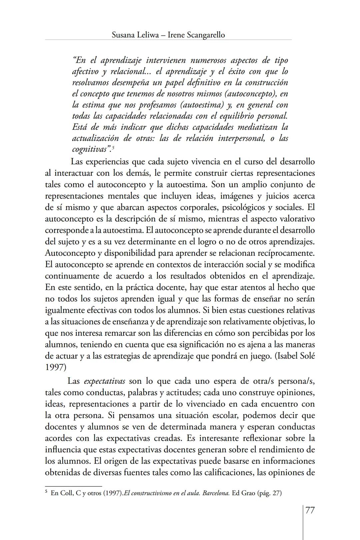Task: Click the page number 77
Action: (310, 510)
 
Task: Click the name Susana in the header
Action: (123, 35)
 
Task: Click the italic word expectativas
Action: (104, 381)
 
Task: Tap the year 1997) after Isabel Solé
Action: (55, 367)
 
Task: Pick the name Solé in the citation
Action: (307, 356)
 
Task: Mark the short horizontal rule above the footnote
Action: (73, 486)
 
